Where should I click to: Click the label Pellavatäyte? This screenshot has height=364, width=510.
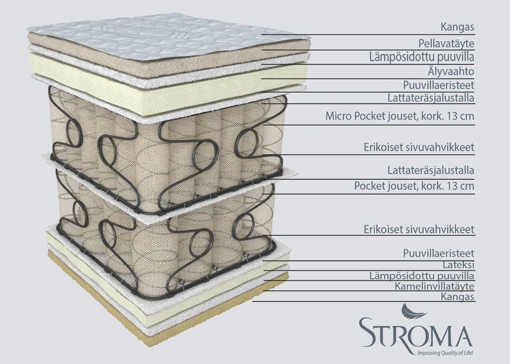446,43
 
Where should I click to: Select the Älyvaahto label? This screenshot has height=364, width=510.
451,71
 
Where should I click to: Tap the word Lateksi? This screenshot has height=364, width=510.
458,264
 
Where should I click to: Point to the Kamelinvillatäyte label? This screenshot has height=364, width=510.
435,286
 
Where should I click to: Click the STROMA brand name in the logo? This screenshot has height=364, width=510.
415,332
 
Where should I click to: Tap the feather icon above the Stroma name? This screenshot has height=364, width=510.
412,311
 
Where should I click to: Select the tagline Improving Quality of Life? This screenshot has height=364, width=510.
444,352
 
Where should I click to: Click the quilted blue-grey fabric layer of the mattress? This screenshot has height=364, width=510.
163,36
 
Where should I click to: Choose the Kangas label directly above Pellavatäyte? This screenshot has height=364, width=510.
457,26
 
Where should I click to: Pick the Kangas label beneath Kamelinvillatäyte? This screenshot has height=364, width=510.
458,296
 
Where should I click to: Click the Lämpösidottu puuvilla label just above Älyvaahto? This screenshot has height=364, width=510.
422,57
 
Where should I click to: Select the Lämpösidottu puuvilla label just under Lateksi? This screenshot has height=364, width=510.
422,276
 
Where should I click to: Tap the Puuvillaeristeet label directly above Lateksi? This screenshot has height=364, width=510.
439,253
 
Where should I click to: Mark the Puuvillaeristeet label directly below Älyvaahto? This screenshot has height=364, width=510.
439,85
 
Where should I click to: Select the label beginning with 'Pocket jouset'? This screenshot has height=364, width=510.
414,186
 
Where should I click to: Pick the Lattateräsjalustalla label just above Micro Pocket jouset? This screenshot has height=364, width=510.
431,98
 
